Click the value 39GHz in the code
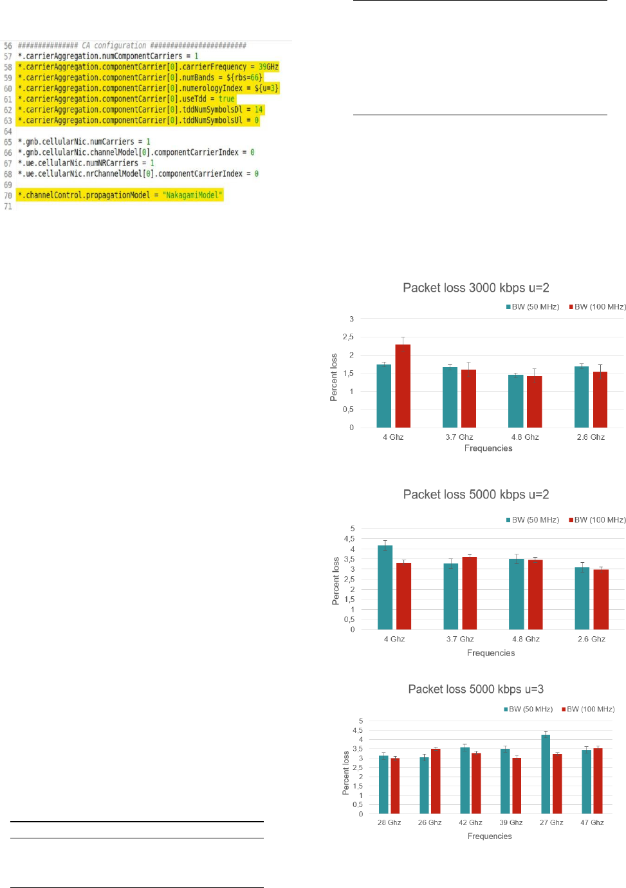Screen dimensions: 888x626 point(268,67)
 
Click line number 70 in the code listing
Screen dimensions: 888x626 point(8,196)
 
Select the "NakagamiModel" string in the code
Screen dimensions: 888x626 point(192,195)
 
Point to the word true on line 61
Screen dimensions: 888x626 point(226,99)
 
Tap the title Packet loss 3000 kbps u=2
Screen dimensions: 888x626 point(475,288)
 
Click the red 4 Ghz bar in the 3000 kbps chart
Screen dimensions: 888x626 point(403,386)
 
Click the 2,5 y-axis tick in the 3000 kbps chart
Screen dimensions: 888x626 point(348,337)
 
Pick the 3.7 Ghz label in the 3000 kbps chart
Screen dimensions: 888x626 point(459,437)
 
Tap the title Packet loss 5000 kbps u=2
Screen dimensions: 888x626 point(475,495)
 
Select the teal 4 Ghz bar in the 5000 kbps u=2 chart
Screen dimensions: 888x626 point(385,587)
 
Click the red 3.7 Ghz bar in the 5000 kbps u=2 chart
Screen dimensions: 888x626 point(469,593)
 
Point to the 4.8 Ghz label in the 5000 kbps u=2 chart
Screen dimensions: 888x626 point(526,639)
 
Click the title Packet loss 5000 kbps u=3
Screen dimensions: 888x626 point(475,689)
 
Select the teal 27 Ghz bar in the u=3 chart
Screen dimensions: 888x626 point(546,774)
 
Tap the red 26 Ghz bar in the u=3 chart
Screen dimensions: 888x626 point(436,781)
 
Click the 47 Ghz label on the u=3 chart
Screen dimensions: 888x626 point(592,822)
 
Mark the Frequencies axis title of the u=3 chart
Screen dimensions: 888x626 point(490,836)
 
